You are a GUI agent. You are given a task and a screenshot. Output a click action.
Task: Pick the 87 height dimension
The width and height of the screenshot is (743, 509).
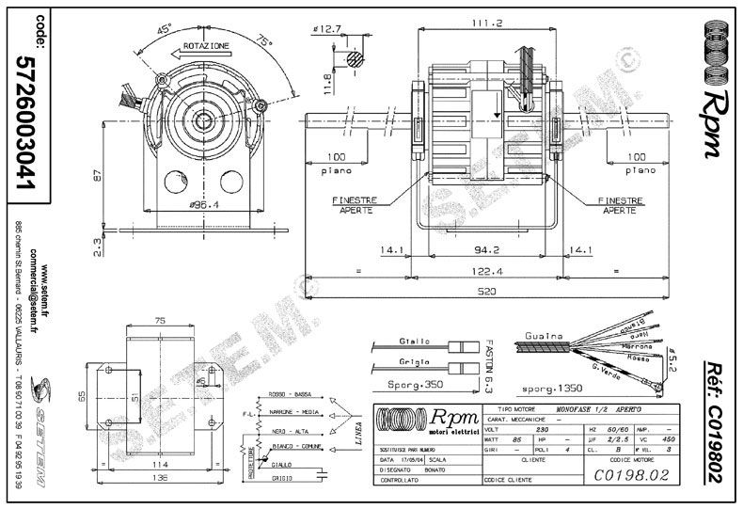[x=98, y=175]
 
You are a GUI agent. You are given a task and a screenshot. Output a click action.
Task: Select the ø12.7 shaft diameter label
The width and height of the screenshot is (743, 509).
[x=327, y=29]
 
